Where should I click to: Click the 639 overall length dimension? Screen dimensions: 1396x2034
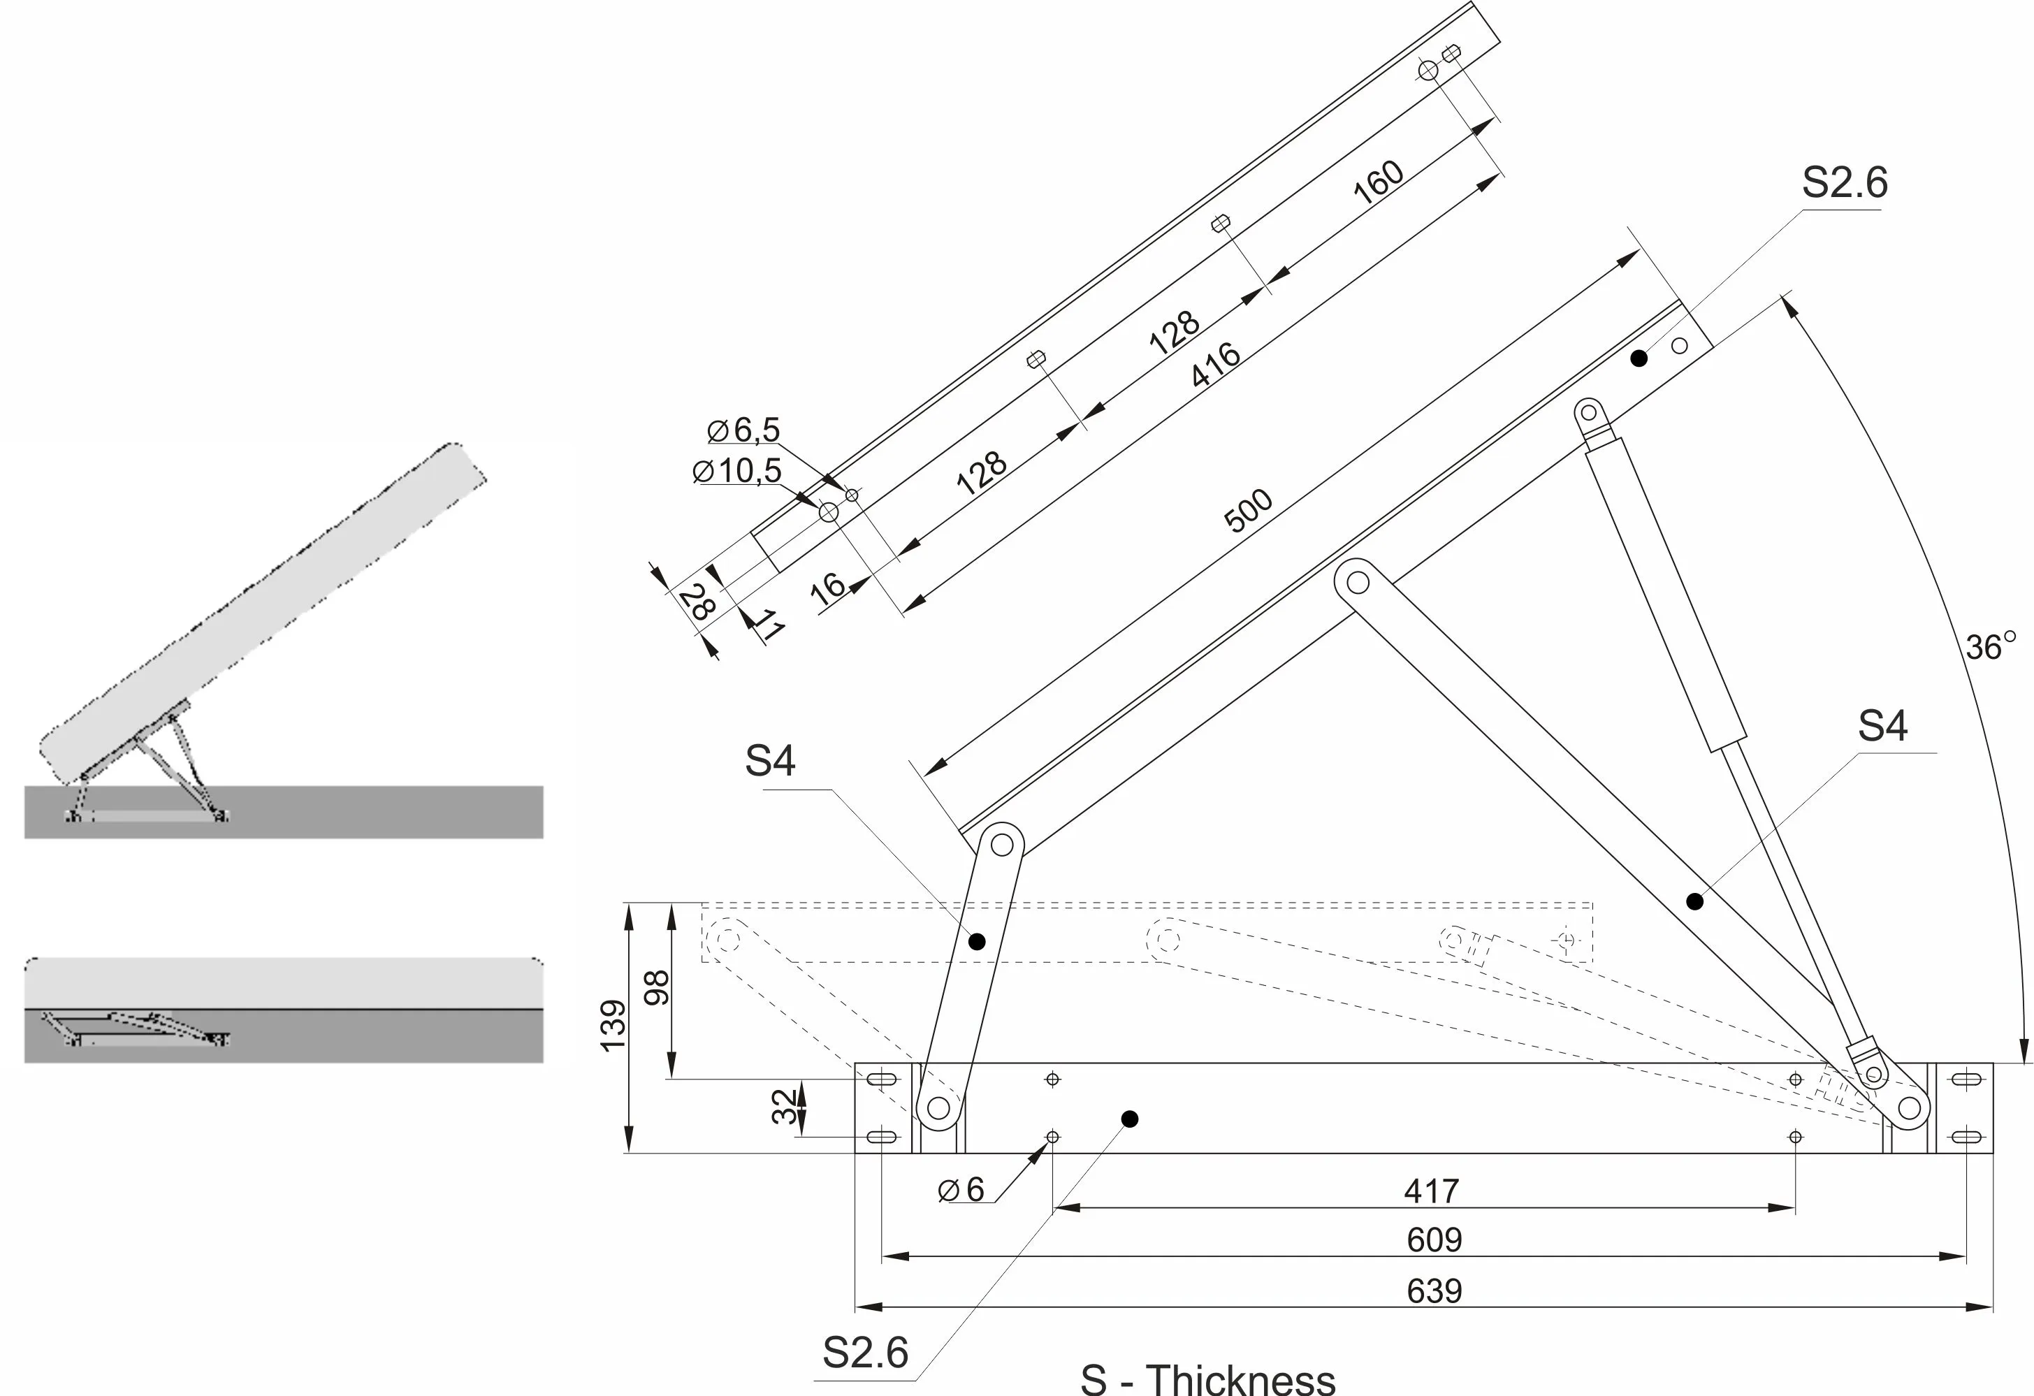tap(1434, 1291)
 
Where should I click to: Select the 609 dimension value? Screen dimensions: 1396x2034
tap(1434, 1240)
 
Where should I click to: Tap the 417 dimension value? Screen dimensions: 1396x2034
tap(1431, 1191)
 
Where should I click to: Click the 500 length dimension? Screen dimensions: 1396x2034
tap(1248, 510)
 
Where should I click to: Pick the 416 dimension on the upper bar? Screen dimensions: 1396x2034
tap(1215, 364)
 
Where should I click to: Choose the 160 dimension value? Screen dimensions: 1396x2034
tap(1379, 183)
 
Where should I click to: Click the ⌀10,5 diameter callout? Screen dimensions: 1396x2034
tap(737, 471)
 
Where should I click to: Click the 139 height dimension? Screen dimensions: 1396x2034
tap(613, 1025)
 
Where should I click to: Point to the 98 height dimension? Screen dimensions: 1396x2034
tap(656, 988)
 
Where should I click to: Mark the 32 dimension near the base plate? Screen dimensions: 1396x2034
tap(785, 1106)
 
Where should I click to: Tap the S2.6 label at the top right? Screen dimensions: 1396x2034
tap(1844, 183)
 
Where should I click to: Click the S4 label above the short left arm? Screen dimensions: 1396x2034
tap(769, 761)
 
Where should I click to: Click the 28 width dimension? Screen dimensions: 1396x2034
tap(697, 602)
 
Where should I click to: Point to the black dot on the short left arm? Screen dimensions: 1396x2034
tap(977, 942)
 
